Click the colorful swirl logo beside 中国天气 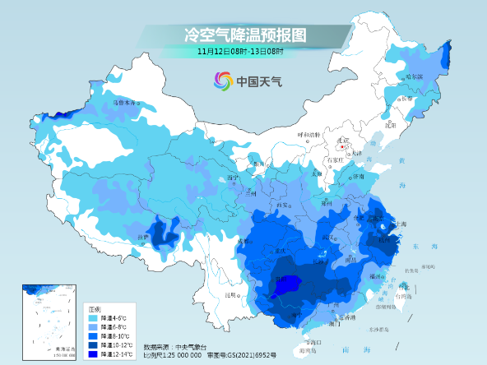tap(223, 81)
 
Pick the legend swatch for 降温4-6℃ tap(94, 317)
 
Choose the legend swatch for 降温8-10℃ tap(94, 335)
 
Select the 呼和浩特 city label tap(307, 134)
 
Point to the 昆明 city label tap(234, 294)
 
